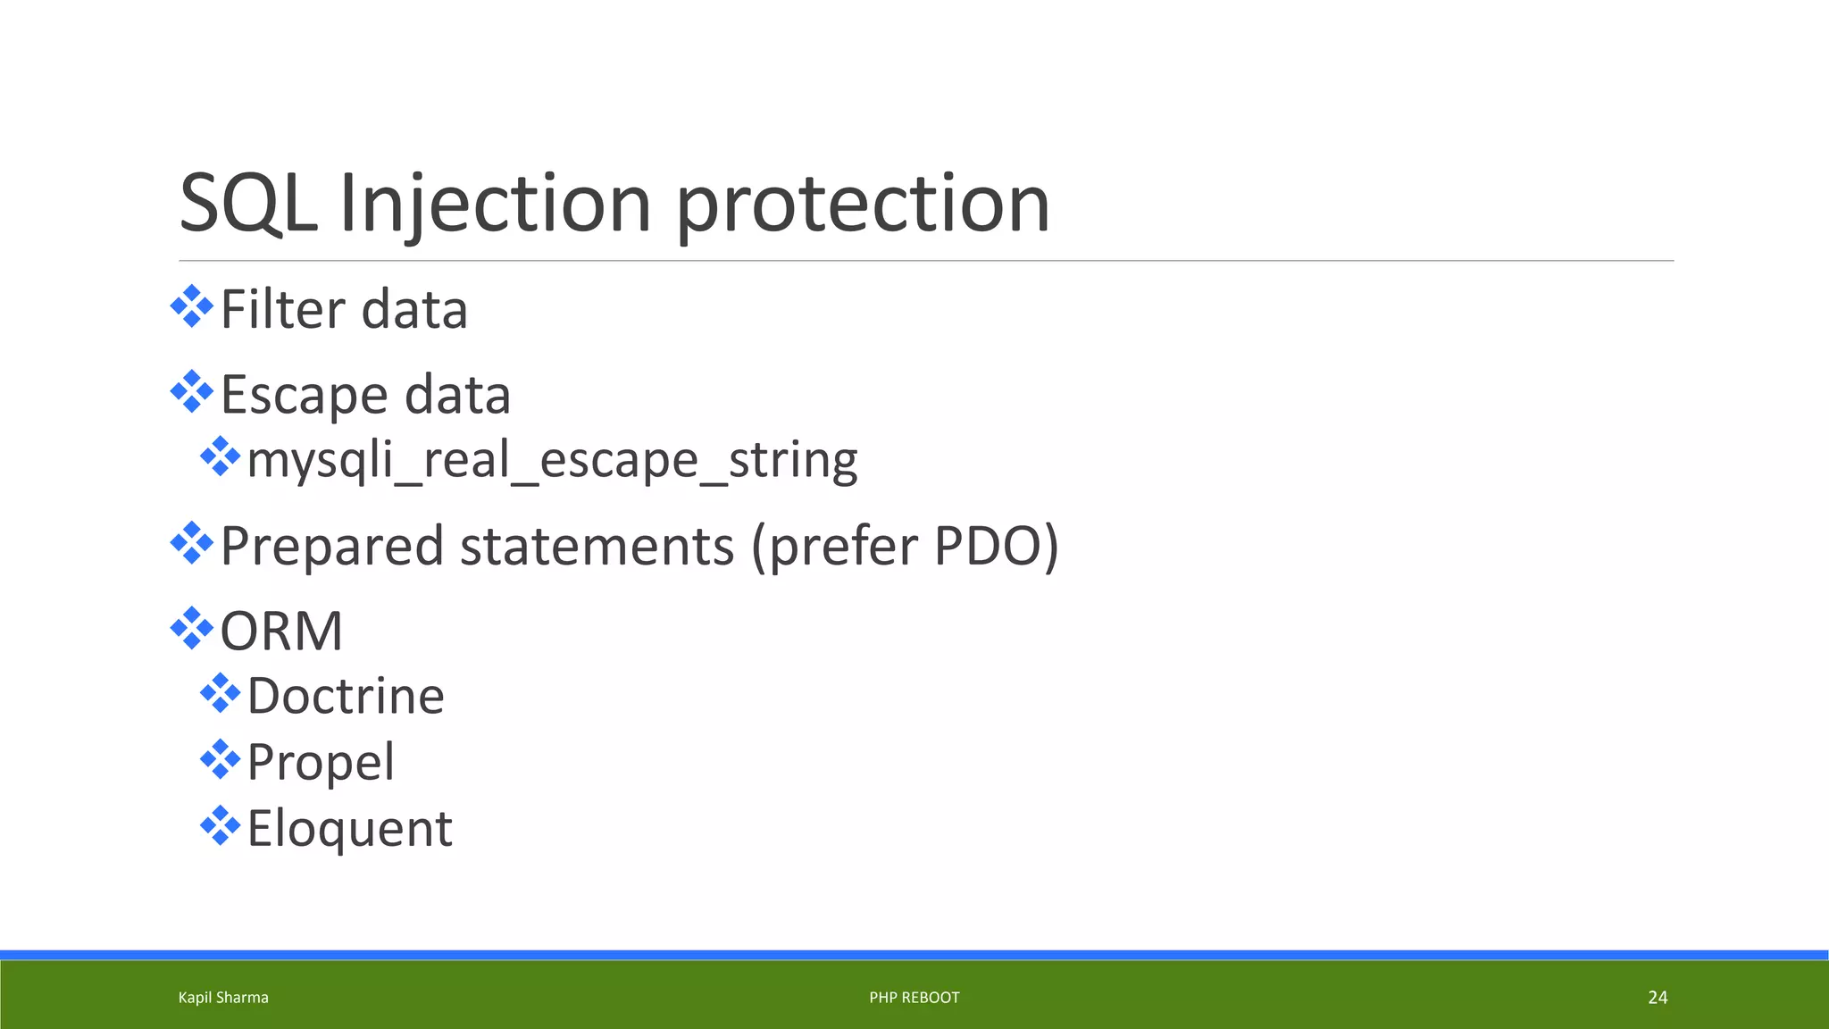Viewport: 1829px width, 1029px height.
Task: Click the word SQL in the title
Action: click(247, 204)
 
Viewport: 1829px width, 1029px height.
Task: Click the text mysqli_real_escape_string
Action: click(552, 461)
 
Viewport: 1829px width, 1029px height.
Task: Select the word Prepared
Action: click(331, 546)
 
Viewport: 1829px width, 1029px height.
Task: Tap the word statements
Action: click(597, 546)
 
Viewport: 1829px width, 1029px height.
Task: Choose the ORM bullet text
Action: click(281, 632)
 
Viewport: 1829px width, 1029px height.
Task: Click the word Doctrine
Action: click(345, 697)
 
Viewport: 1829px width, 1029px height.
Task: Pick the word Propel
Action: click(320, 763)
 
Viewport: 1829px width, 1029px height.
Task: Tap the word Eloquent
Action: click(349, 829)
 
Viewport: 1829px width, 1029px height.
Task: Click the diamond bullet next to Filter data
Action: click(191, 306)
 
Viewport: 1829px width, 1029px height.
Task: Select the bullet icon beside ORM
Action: click(191, 628)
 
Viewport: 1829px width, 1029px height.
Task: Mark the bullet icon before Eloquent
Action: click(220, 825)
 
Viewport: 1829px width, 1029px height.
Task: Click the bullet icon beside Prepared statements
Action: click(191, 542)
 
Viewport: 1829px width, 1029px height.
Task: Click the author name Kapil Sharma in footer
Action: click(223, 998)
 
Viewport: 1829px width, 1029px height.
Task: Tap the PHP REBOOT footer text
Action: click(914, 998)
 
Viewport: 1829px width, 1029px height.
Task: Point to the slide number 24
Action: click(1657, 998)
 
